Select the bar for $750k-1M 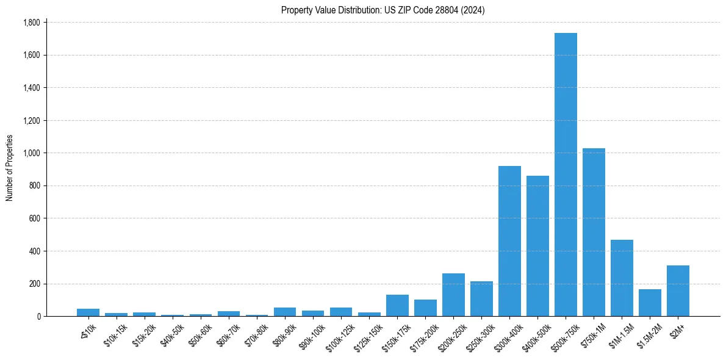tap(594, 232)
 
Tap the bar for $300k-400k tap(509, 241)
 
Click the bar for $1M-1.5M tap(622, 278)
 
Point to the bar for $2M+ tap(678, 290)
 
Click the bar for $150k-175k tap(397, 305)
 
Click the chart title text tap(383, 10)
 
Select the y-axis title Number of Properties tap(10, 168)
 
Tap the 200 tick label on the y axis tap(34, 284)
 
